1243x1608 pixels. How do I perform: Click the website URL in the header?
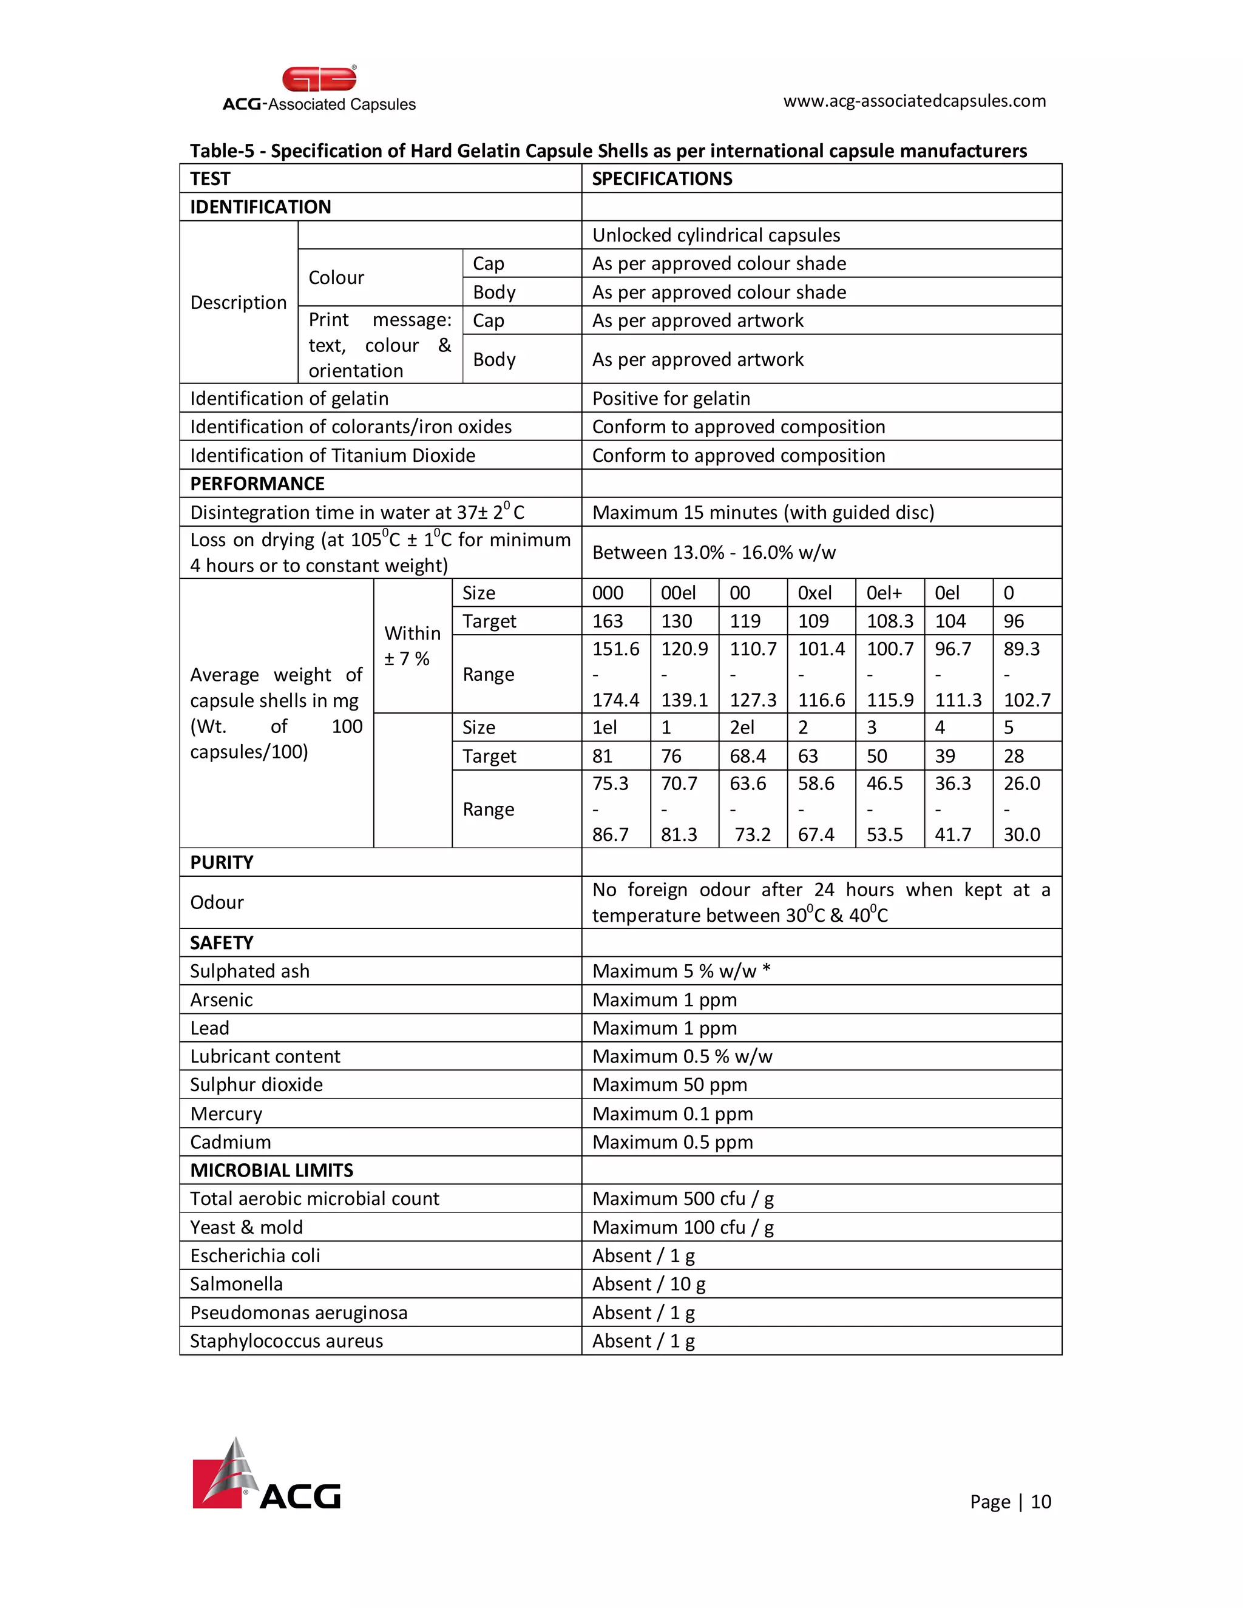pyautogui.click(x=914, y=101)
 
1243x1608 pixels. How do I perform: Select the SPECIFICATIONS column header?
pyautogui.click(x=662, y=179)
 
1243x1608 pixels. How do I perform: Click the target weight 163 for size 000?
pyautogui.click(x=608, y=621)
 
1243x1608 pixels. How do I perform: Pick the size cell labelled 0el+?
pyautogui.click(x=884, y=593)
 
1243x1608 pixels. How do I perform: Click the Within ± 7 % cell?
pyautogui.click(x=412, y=646)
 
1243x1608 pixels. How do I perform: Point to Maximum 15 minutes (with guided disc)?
pyautogui.click(x=762, y=513)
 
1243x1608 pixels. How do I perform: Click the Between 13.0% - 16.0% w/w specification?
pyautogui.click(x=714, y=552)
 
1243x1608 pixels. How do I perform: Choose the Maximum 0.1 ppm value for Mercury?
pyautogui.click(x=672, y=1114)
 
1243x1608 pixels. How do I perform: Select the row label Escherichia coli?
pyautogui.click(x=255, y=1255)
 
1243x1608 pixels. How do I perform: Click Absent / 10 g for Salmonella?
pyautogui.click(x=648, y=1284)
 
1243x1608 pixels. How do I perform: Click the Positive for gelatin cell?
pyautogui.click(x=670, y=398)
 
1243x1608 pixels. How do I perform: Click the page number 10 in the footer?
pyautogui.click(x=1040, y=1502)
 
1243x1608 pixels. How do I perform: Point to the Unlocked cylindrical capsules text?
pyautogui.click(x=716, y=235)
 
